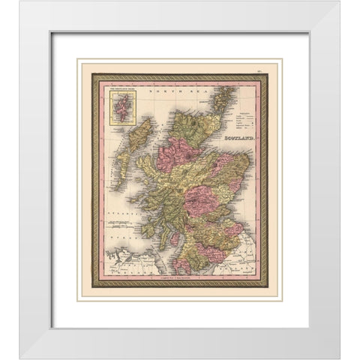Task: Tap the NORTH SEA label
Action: [x=172, y=92]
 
